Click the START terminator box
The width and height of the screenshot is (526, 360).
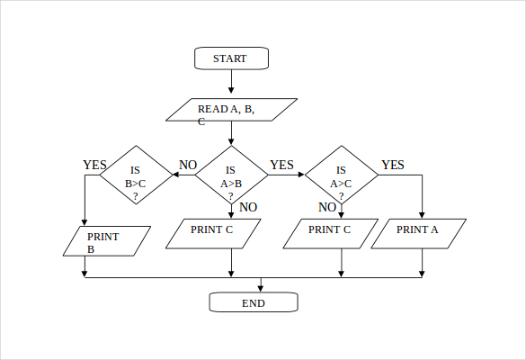tap(232, 58)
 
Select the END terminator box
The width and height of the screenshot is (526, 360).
tap(254, 302)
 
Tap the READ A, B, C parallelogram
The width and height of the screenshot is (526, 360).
tap(232, 110)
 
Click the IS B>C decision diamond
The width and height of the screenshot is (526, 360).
tap(136, 175)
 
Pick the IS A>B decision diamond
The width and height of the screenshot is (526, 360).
tap(231, 175)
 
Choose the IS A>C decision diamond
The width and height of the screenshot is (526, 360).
tap(341, 175)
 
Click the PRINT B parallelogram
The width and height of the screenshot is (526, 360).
tap(106, 240)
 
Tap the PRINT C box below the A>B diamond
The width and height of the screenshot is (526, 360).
tap(213, 233)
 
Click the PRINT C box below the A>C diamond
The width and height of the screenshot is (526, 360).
tap(330, 233)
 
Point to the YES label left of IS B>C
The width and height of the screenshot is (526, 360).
tap(94, 165)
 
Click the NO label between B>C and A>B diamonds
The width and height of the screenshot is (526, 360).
tap(188, 165)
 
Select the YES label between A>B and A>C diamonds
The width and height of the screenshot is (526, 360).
tap(281, 165)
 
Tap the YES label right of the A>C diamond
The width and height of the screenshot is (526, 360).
tap(393, 165)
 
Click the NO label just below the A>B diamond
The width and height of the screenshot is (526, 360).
tap(248, 207)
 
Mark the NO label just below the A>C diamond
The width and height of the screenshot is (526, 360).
tap(327, 207)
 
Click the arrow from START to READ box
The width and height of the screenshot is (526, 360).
tap(232, 82)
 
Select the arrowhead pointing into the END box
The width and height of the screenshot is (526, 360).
tap(261, 288)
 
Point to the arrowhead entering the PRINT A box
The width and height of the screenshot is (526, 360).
tap(422, 215)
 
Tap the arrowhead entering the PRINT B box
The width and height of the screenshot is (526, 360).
tap(85, 222)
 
